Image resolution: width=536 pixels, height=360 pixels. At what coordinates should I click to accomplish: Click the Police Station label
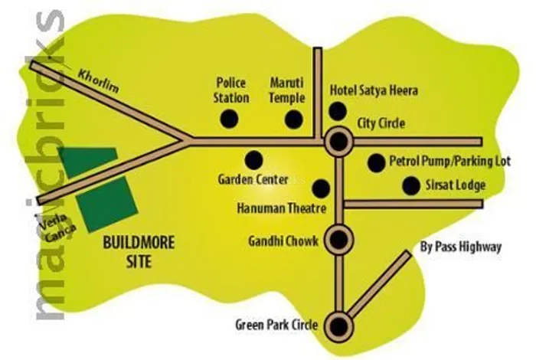(x=232, y=90)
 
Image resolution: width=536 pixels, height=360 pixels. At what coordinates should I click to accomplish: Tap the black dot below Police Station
(x=228, y=119)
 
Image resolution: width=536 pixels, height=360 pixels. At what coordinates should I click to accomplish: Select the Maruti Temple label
(x=288, y=90)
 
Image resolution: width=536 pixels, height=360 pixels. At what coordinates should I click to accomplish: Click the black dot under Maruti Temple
(x=293, y=119)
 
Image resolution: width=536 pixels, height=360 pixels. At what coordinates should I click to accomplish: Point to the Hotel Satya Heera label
(x=374, y=90)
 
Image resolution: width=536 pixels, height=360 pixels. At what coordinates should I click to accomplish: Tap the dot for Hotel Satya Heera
(x=337, y=110)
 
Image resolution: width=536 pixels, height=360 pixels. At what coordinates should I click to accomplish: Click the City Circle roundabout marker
(x=337, y=141)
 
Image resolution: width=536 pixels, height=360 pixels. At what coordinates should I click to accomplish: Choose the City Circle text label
(x=381, y=123)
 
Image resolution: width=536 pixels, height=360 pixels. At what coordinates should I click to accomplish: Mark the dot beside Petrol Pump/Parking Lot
(x=376, y=162)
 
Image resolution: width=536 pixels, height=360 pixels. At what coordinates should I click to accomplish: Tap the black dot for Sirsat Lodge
(x=411, y=185)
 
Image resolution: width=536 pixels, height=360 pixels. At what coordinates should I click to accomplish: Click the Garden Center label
(x=253, y=180)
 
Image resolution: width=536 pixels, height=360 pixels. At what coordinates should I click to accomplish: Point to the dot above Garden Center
(x=253, y=159)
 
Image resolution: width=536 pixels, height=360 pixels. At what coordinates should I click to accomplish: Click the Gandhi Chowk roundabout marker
(x=337, y=239)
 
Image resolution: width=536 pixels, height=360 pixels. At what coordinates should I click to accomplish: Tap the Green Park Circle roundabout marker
(x=337, y=326)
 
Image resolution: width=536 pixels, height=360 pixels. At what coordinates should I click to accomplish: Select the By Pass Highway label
(x=462, y=247)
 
